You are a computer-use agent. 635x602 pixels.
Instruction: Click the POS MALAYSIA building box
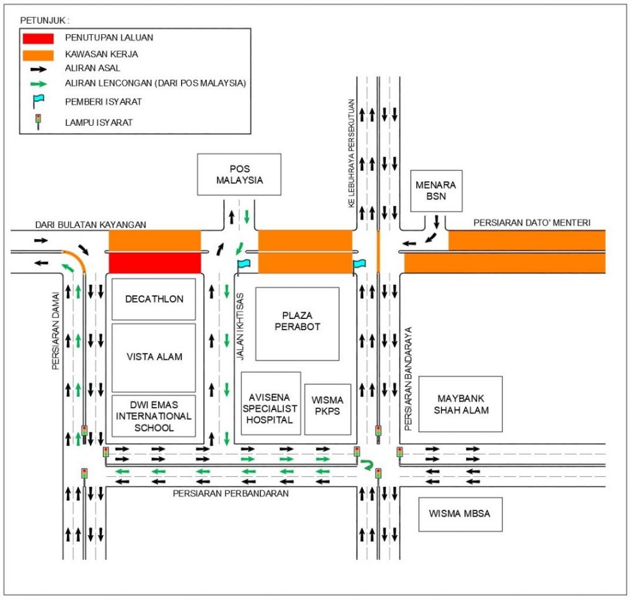coord(239,174)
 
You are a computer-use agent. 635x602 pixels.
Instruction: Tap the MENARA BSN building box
coord(436,191)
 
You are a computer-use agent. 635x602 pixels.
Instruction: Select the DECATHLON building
coord(154,299)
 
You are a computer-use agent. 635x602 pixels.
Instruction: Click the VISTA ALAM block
coord(154,357)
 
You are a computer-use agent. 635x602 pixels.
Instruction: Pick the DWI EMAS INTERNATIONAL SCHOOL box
coord(154,416)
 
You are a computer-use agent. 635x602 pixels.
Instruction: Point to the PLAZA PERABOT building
coord(297,323)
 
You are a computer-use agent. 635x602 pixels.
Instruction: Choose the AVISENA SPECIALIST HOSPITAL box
coord(270,403)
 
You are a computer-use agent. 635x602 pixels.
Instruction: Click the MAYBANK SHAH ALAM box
coord(460,404)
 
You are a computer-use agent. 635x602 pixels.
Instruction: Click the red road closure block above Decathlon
coord(155,263)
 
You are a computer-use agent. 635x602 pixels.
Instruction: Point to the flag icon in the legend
coord(38,101)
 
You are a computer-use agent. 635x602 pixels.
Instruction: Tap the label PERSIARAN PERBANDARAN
coord(231,494)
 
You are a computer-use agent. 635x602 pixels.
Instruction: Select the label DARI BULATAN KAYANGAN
coord(91,225)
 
